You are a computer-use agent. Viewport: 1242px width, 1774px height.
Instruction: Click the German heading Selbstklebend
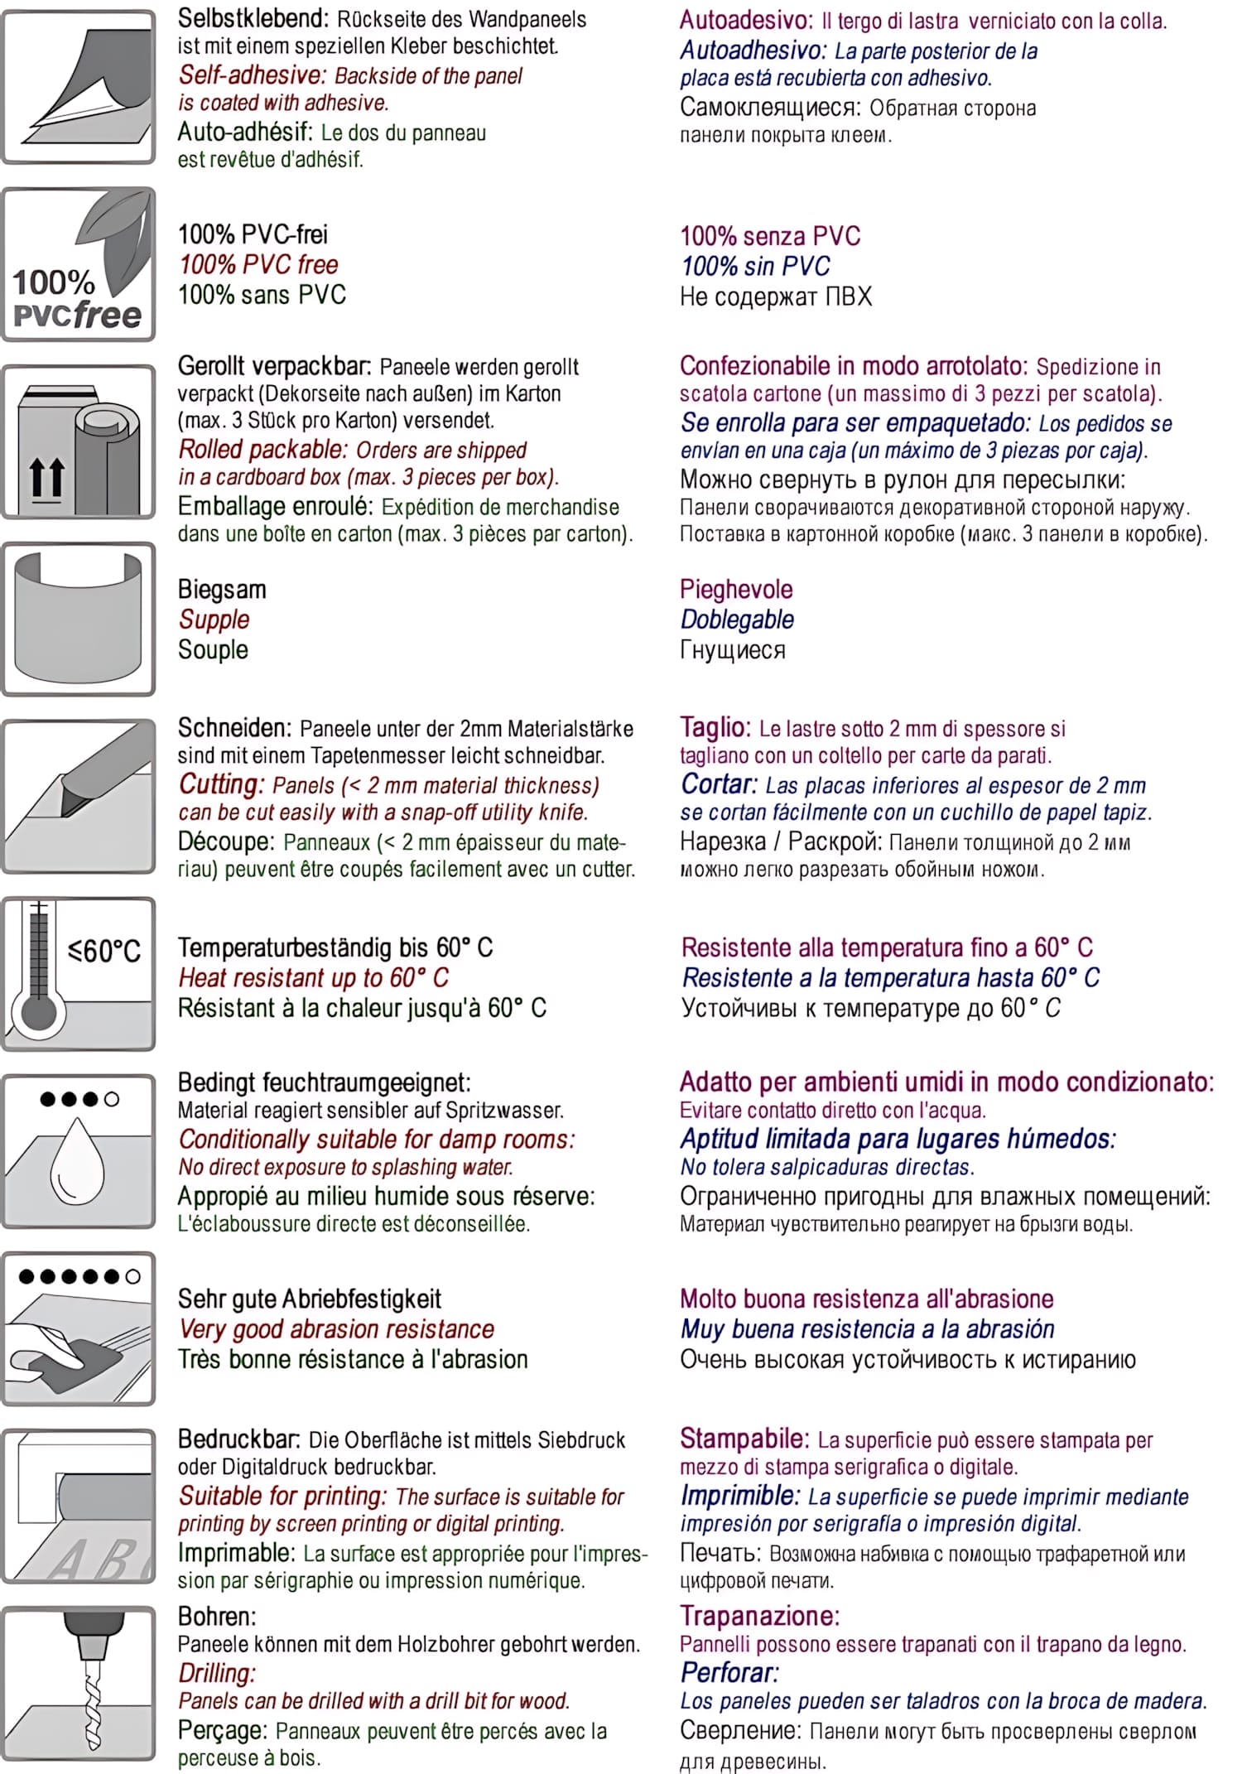253,18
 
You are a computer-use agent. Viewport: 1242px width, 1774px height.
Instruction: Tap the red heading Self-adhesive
253,75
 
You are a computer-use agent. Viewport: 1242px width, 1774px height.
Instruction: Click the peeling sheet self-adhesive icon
79,87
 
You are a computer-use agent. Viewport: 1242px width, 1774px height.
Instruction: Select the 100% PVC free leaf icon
79,264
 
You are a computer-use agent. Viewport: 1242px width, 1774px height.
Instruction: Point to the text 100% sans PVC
262,295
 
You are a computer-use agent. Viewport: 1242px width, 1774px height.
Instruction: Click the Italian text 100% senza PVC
770,236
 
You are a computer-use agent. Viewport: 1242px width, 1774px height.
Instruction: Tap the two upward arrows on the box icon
46,478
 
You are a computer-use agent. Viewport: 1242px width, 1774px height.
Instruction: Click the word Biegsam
222,590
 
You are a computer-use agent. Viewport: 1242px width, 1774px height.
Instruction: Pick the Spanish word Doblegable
737,619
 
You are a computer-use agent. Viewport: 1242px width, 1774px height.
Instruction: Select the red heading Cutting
221,784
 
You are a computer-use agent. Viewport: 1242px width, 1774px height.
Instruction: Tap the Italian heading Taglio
715,727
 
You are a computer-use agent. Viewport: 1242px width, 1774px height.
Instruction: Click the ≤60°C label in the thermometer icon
104,950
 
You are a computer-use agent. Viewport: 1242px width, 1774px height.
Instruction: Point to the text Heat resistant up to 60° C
313,977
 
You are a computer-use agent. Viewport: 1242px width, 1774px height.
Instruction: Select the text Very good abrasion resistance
336,1329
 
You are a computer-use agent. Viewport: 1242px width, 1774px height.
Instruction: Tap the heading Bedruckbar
240,1439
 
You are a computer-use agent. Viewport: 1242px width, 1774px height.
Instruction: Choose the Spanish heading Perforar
729,1672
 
